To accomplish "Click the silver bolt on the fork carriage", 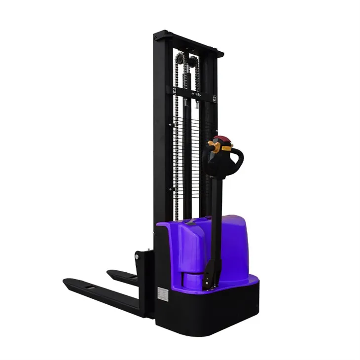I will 137,257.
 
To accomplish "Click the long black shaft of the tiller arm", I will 216,222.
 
